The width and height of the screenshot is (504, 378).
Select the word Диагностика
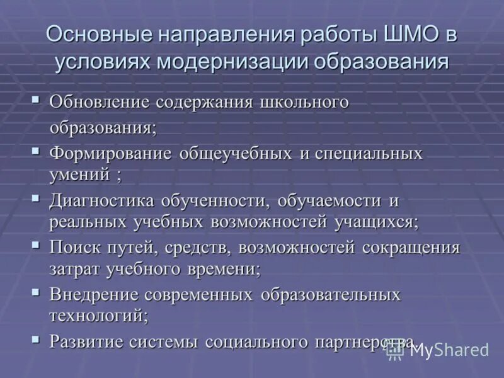tap(102, 202)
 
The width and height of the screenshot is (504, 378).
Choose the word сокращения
tap(411, 247)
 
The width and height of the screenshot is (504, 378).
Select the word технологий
tap(98, 314)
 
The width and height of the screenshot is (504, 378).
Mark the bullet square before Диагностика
tap(35, 198)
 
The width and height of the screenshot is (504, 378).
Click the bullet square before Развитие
tap(35, 338)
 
